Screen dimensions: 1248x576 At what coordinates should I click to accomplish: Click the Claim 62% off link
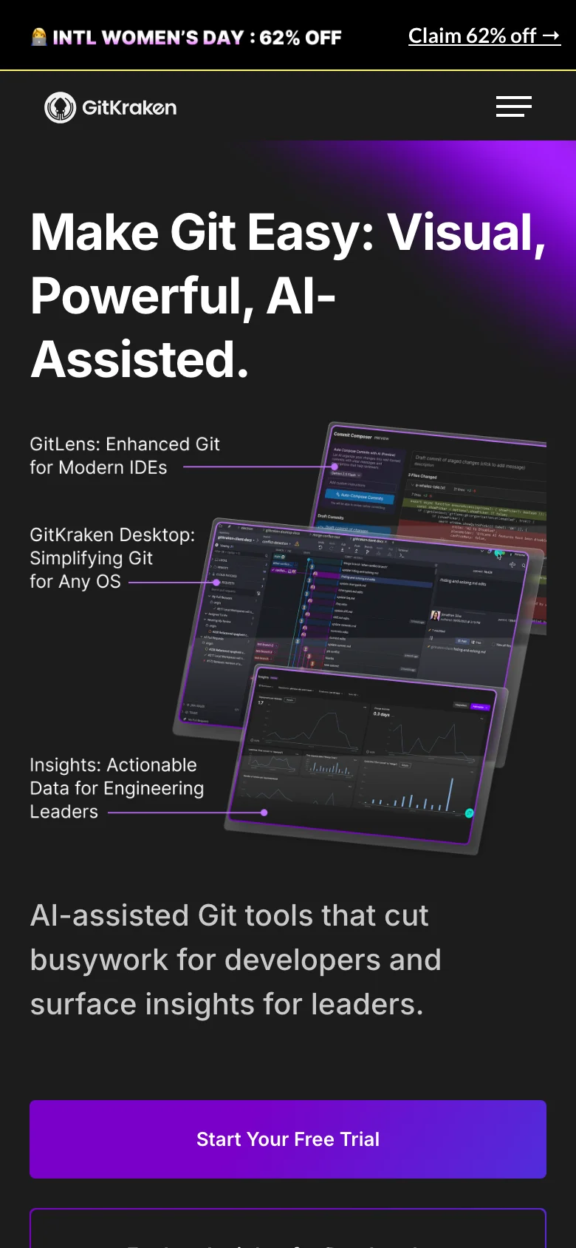coord(484,35)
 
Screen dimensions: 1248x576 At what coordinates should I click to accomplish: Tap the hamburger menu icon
coord(513,106)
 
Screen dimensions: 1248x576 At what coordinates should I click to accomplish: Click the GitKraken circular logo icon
coord(60,108)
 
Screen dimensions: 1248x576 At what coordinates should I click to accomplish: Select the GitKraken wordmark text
coord(129,108)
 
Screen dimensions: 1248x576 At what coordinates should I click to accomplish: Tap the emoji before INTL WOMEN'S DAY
coord(39,37)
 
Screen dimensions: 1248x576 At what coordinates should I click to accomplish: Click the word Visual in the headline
coord(466,232)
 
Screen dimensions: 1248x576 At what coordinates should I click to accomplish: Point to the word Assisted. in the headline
coord(140,359)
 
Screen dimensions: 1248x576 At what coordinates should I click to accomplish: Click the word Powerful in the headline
coord(137,296)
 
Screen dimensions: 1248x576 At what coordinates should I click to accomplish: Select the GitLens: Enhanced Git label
coord(125,444)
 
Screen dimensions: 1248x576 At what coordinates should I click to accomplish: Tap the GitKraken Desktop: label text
coord(112,535)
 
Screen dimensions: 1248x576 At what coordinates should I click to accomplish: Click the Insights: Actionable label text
coord(113,765)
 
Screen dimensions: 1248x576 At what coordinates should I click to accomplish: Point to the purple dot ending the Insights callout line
coord(264,813)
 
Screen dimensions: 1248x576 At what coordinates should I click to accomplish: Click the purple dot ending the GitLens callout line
coord(335,467)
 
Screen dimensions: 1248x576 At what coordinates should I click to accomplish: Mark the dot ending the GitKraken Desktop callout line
coord(216,583)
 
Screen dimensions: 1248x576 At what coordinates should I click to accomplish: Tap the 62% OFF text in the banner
coord(300,38)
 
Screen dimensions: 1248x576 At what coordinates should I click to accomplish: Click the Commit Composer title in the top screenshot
coord(353,435)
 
